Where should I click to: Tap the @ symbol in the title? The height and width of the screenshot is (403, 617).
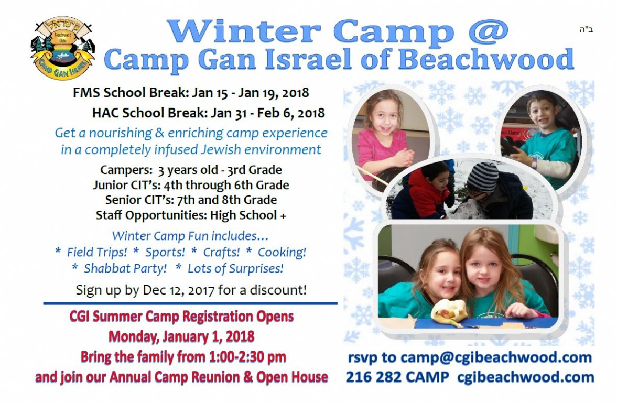tap(489, 31)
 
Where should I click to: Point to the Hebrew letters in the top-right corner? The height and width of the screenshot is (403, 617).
tap(586, 29)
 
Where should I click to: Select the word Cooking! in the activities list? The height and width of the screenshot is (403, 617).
tap(282, 252)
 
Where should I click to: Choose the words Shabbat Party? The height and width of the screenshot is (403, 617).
tap(125, 268)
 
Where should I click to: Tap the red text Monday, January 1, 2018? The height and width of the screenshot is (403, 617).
tap(181, 337)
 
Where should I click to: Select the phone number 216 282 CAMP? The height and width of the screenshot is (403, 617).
tap(397, 377)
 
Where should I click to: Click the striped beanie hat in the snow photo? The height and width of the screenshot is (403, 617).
tap(483, 176)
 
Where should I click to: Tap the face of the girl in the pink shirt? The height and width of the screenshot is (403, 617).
tap(385, 116)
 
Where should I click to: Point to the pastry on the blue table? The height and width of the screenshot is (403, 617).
tap(449, 313)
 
